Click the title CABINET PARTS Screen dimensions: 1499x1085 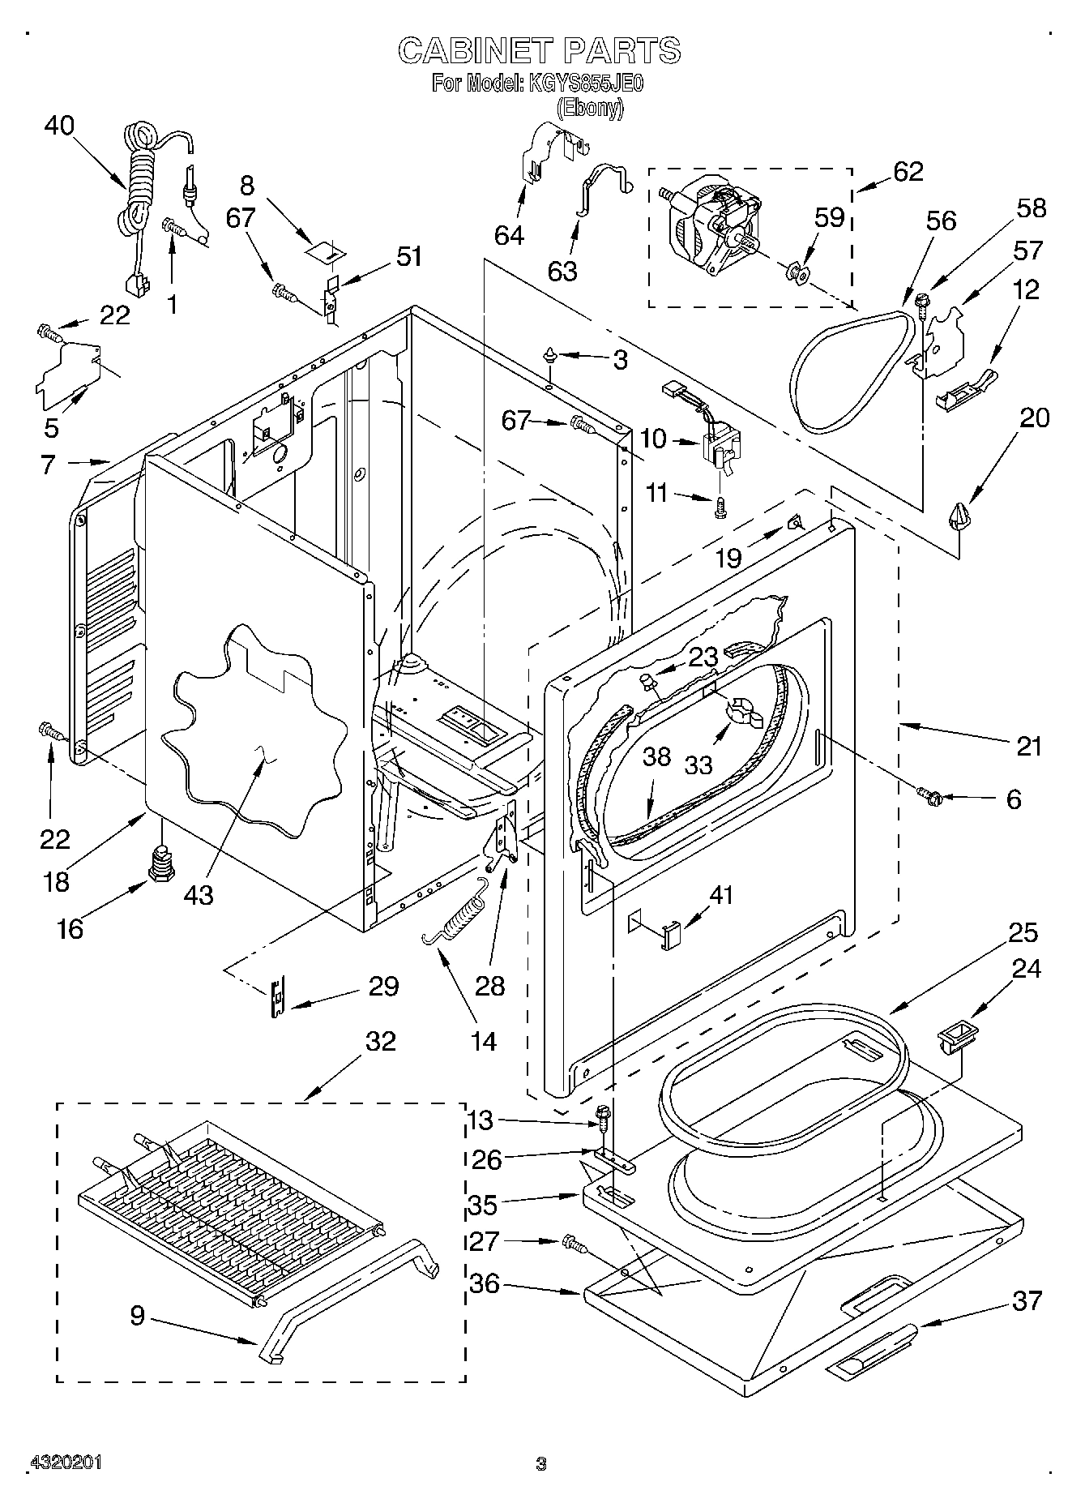point(539,51)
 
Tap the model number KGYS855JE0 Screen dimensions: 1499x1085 point(585,84)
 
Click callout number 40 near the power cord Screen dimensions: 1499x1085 point(59,126)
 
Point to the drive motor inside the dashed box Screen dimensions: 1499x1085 point(713,226)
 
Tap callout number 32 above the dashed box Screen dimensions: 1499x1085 point(381,1040)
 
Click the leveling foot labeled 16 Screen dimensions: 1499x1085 point(160,862)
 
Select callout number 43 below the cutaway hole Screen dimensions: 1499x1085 point(199,894)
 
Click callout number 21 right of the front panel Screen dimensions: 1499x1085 point(1028,745)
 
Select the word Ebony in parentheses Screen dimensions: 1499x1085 point(591,109)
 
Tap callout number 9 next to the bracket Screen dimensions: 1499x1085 point(138,1315)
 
